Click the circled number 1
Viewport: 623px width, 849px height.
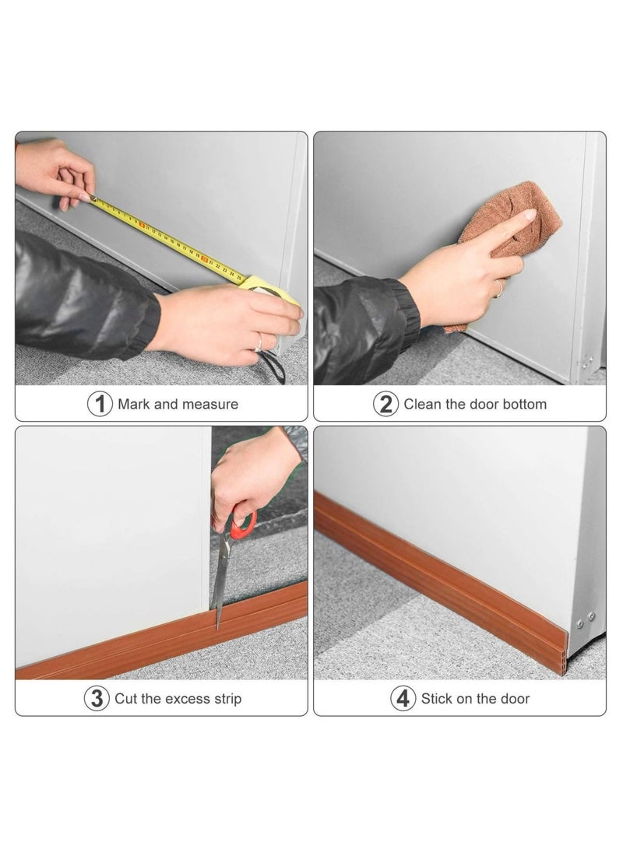(x=100, y=404)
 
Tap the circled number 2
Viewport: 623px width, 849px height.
(x=385, y=404)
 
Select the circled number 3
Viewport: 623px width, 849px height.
(x=97, y=699)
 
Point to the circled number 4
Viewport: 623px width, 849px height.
(x=403, y=699)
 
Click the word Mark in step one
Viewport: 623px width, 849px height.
(x=134, y=405)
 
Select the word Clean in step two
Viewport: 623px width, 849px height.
(x=422, y=405)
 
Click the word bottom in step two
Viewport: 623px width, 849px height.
(x=524, y=405)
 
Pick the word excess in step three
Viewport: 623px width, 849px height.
(x=188, y=699)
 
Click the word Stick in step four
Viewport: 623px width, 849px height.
(x=437, y=699)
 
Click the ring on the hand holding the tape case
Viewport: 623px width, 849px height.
(x=259, y=342)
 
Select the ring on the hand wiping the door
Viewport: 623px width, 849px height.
(x=499, y=289)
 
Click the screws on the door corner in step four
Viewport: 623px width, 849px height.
(x=586, y=620)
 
